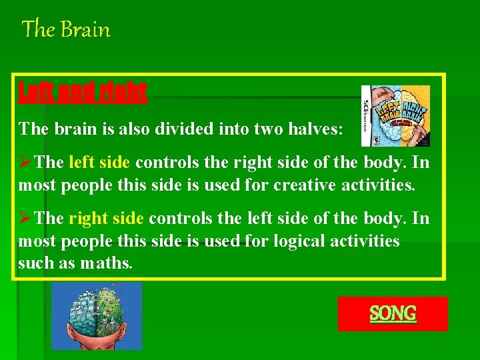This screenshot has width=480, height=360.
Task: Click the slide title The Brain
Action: tap(66, 30)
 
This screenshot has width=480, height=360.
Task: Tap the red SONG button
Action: tap(393, 313)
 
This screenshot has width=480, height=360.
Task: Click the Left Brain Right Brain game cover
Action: tap(395, 115)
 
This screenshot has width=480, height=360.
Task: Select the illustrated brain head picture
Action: tap(97, 316)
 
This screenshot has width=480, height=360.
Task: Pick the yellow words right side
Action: tap(107, 219)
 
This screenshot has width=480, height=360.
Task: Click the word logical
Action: tap(297, 241)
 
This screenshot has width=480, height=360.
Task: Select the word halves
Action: tap(316, 128)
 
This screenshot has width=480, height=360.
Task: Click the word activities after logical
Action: tap(365, 241)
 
